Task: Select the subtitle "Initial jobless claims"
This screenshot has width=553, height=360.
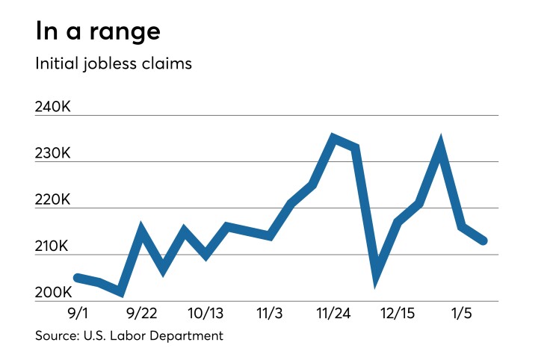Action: coord(114,64)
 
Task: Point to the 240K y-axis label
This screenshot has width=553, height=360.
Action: coord(53,108)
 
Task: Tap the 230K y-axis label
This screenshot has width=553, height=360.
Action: coord(53,154)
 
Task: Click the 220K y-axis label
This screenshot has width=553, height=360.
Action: coord(53,200)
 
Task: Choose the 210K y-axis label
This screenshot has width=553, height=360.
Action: coord(53,246)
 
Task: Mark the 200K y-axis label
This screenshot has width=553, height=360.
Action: coord(53,293)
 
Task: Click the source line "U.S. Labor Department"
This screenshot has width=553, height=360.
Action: coord(129,335)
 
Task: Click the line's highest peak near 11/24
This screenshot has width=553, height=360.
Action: coord(333,138)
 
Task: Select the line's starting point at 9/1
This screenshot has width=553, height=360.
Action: coord(77,277)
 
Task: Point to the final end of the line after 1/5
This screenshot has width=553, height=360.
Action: coord(484,240)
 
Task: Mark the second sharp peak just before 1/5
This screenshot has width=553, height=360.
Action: coord(441,143)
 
